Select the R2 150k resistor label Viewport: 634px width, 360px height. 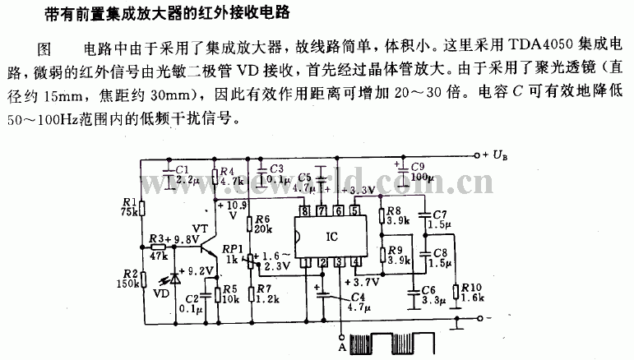click(x=128, y=278)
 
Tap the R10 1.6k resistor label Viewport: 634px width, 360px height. click(x=471, y=291)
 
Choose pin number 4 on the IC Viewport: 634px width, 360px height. click(x=354, y=262)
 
